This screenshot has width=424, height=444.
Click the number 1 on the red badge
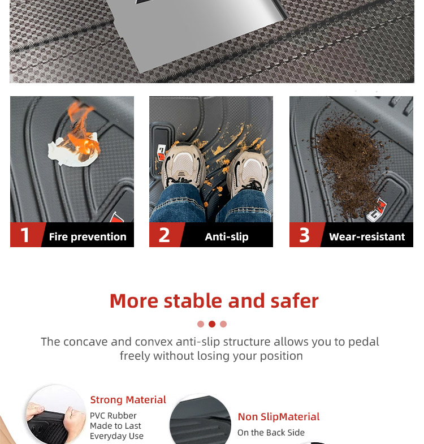click(x=25, y=235)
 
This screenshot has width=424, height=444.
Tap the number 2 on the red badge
click(x=164, y=235)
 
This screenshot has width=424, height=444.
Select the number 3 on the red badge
click(x=304, y=235)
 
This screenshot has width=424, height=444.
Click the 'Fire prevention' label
click(x=88, y=237)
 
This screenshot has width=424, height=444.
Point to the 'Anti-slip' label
click(x=227, y=237)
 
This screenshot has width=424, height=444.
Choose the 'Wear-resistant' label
click(x=367, y=237)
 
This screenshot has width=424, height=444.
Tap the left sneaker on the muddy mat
click(x=183, y=166)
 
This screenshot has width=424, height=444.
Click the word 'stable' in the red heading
click(x=193, y=301)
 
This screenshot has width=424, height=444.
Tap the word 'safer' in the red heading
click(x=295, y=301)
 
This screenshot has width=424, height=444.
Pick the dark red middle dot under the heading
click(x=211, y=324)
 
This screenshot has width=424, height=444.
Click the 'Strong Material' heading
click(x=128, y=400)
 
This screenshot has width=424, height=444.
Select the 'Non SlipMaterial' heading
click(x=279, y=417)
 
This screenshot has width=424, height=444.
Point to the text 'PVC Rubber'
click(x=113, y=416)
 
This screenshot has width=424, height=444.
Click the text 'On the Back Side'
click(x=271, y=433)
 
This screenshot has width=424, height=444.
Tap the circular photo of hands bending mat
click(x=55, y=415)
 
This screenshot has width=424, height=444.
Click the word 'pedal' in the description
click(x=364, y=342)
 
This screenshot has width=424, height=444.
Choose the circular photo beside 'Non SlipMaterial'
click(x=200, y=419)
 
